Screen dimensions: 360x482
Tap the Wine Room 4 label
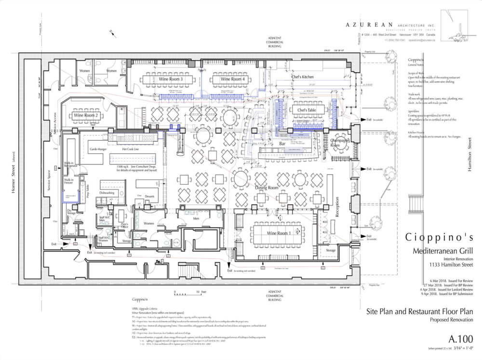pyautogui.click(x=232, y=79)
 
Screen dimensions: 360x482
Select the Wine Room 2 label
pyautogui.click(x=87, y=116)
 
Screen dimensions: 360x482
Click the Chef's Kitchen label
pyautogui.click(x=303, y=77)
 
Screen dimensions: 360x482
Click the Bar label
pyautogui.click(x=283, y=144)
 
